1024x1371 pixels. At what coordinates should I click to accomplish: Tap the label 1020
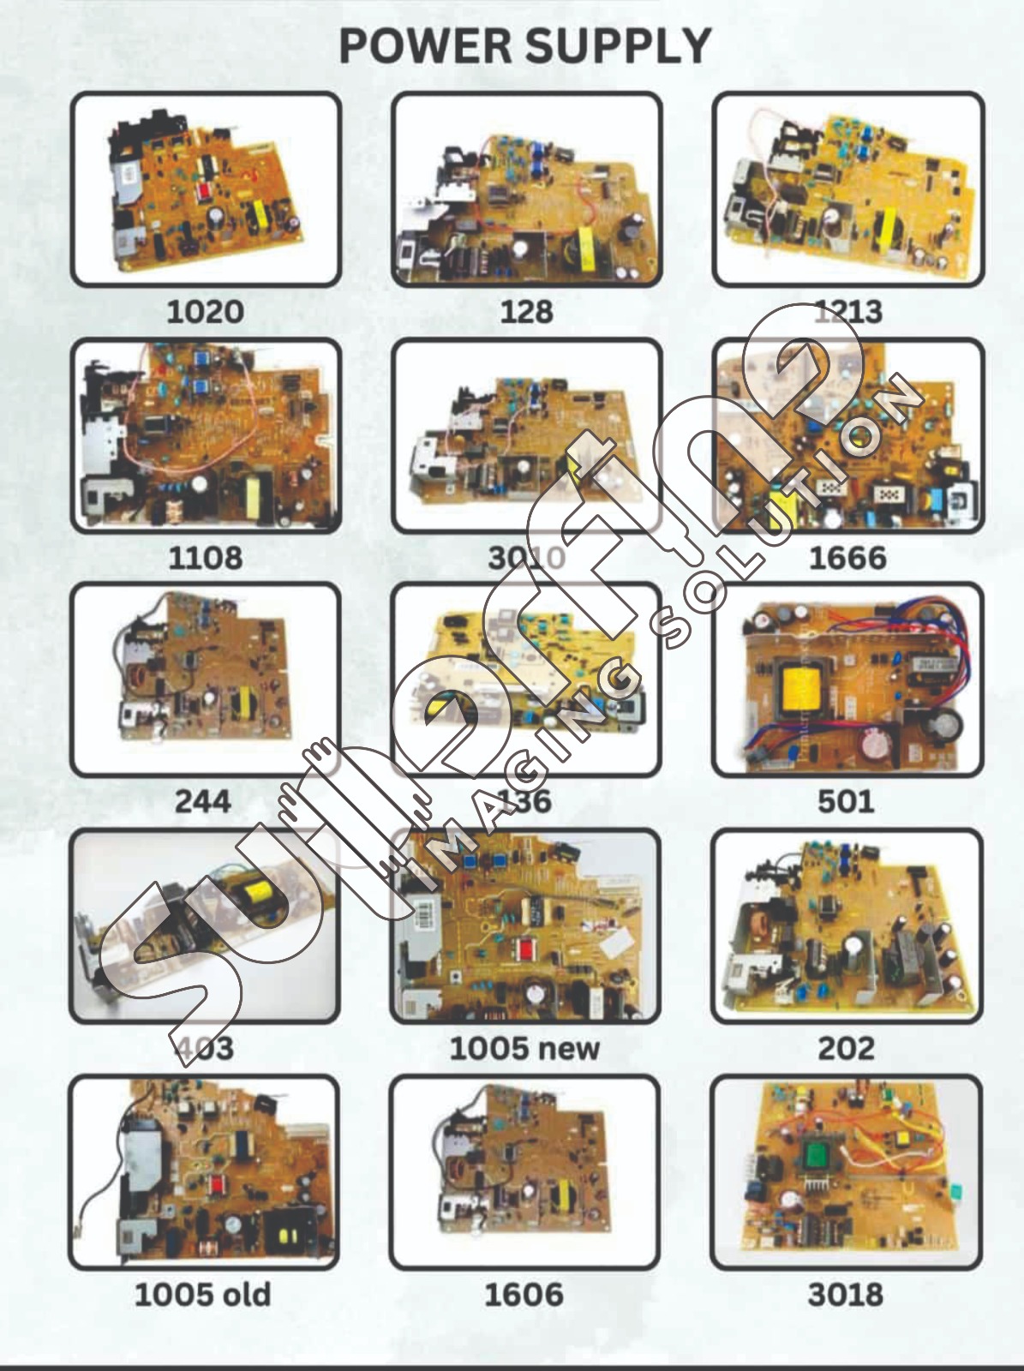[x=205, y=311]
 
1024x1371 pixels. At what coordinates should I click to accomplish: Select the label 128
[x=525, y=311]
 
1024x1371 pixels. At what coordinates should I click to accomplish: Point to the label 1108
[x=205, y=558]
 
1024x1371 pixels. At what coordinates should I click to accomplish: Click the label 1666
[x=847, y=558]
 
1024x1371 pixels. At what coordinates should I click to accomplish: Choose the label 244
[x=203, y=801]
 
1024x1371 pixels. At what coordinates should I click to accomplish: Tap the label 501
[x=846, y=801]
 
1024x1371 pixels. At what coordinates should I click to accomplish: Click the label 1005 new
[x=524, y=1047]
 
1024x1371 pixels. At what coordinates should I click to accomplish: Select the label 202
[x=846, y=1047]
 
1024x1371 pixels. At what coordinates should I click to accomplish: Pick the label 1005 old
[x=202, y=1294]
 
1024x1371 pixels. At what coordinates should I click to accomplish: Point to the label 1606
[x=524, y=1294]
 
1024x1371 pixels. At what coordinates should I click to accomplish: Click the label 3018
[x=845, y=1294]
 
